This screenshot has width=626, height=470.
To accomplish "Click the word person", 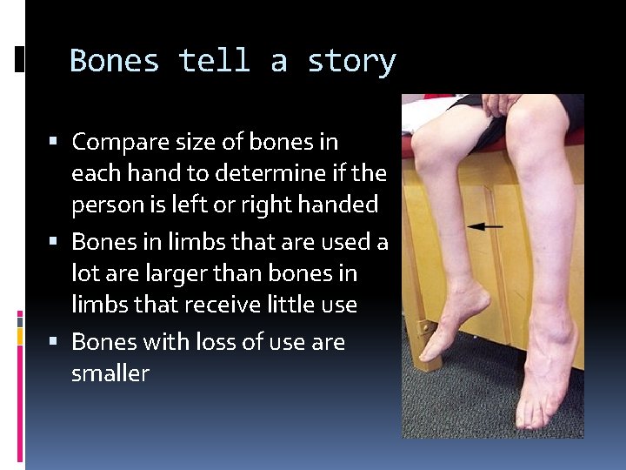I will (105, 205).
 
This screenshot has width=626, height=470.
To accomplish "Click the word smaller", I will (110, 374).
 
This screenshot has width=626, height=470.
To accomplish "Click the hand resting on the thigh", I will (501, 104).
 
